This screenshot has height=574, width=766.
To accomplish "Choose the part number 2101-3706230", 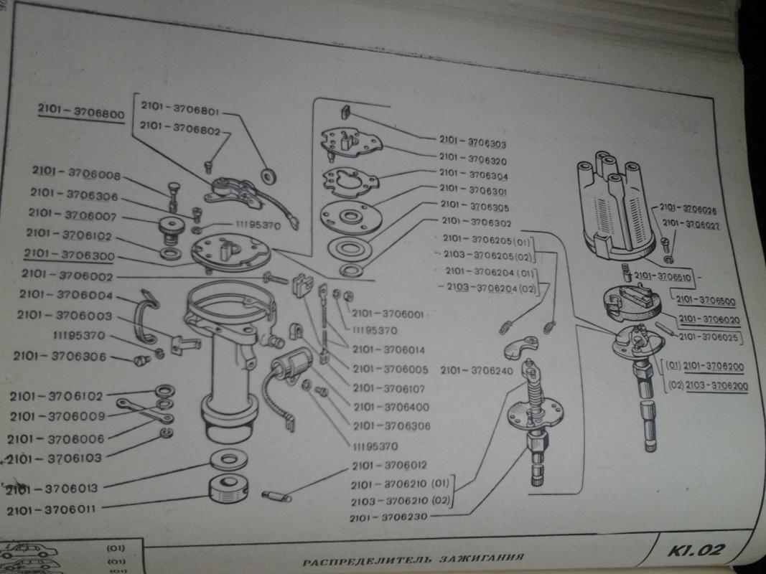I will (392, 517).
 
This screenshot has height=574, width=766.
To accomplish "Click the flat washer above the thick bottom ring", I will (228, 459).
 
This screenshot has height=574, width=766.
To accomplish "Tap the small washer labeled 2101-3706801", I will (271, 174).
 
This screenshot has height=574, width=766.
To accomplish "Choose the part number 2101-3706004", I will (65, 296).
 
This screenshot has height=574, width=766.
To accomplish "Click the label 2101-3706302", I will (476, 222).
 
